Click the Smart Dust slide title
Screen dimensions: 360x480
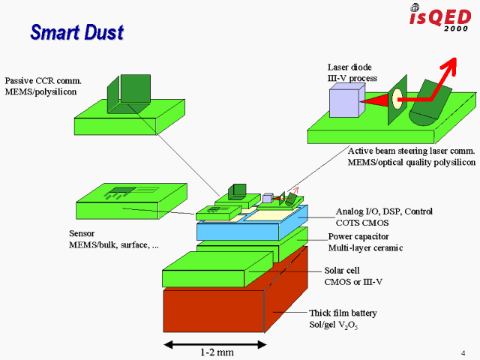(76, 32)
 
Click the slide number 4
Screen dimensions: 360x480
(463, 353)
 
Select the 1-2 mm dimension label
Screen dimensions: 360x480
(216, 352)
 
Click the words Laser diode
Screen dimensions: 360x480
(349, 67)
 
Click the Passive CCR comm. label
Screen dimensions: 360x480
(43, 80)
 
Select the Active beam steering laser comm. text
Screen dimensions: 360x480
(409, 151)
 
